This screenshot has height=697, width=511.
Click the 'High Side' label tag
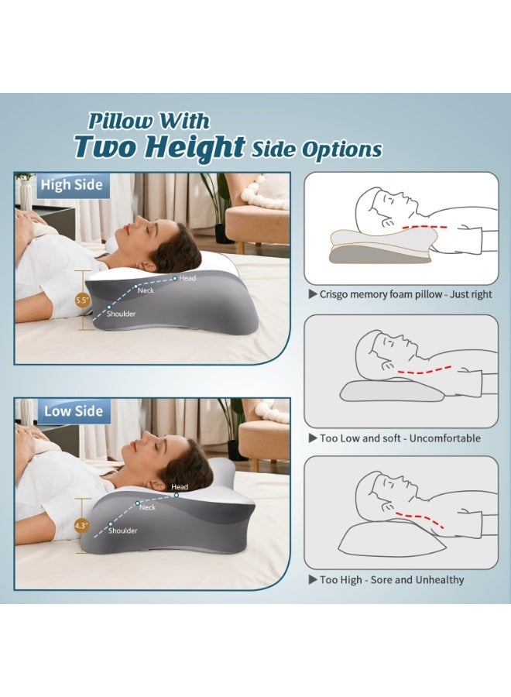coord(66,185)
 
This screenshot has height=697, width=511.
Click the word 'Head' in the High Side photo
coord(187,278)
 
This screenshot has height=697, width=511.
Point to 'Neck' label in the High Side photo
coord(146,291)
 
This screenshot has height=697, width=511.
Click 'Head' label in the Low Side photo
coord(179,487)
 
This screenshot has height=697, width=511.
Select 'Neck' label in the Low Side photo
coord(147,507)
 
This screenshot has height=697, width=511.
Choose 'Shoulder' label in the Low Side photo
coord(122,530)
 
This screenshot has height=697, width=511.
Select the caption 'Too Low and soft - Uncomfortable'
coord(400,438)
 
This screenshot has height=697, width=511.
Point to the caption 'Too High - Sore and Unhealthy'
coord(392,579)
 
